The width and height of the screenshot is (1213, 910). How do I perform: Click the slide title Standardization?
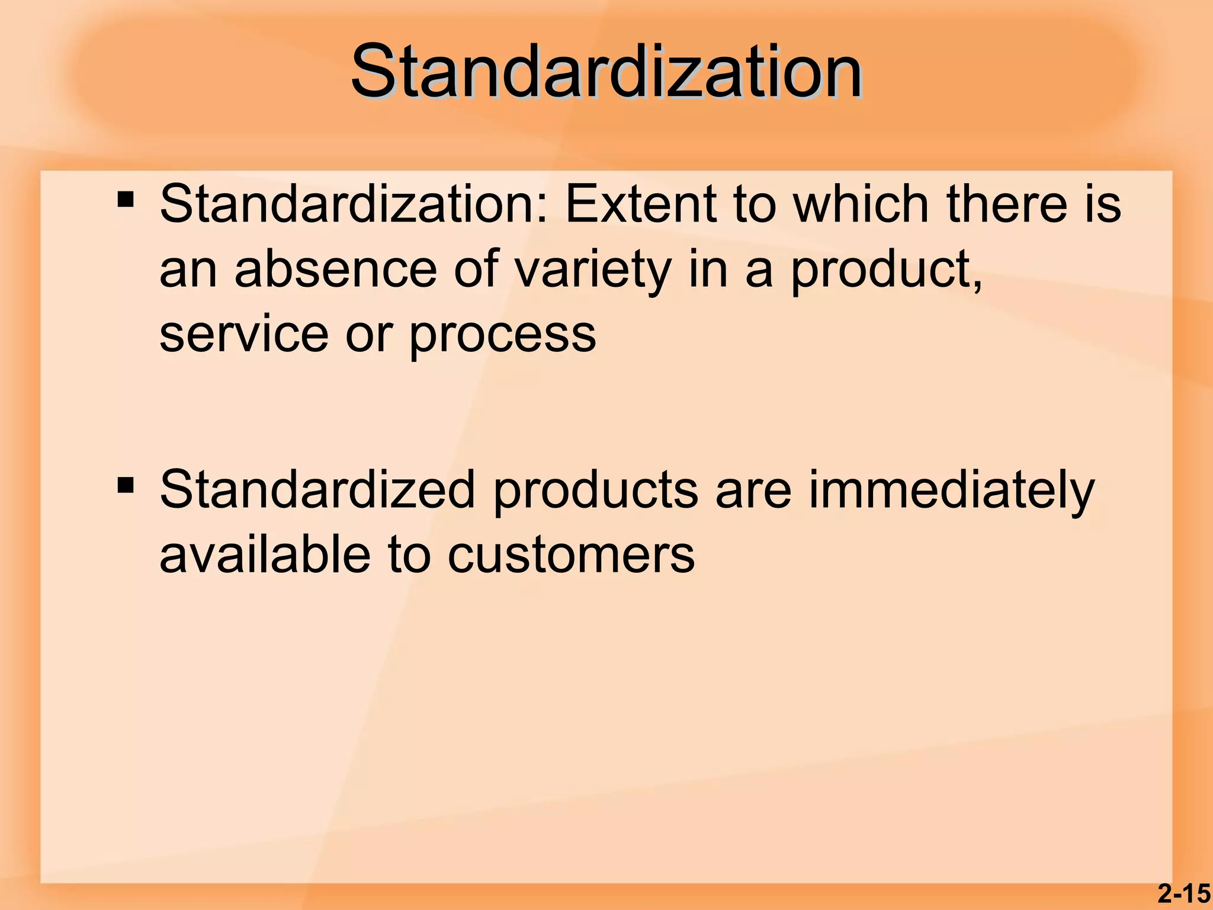coord(606,72)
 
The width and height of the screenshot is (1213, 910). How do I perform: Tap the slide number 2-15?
coord(1184,893)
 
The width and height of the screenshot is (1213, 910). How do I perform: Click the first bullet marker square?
coord(126,199)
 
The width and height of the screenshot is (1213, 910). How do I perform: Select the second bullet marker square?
coord(126,485)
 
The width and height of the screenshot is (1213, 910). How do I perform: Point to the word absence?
coord(336,270)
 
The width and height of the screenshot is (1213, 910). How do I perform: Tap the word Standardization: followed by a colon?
coord(354,204)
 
